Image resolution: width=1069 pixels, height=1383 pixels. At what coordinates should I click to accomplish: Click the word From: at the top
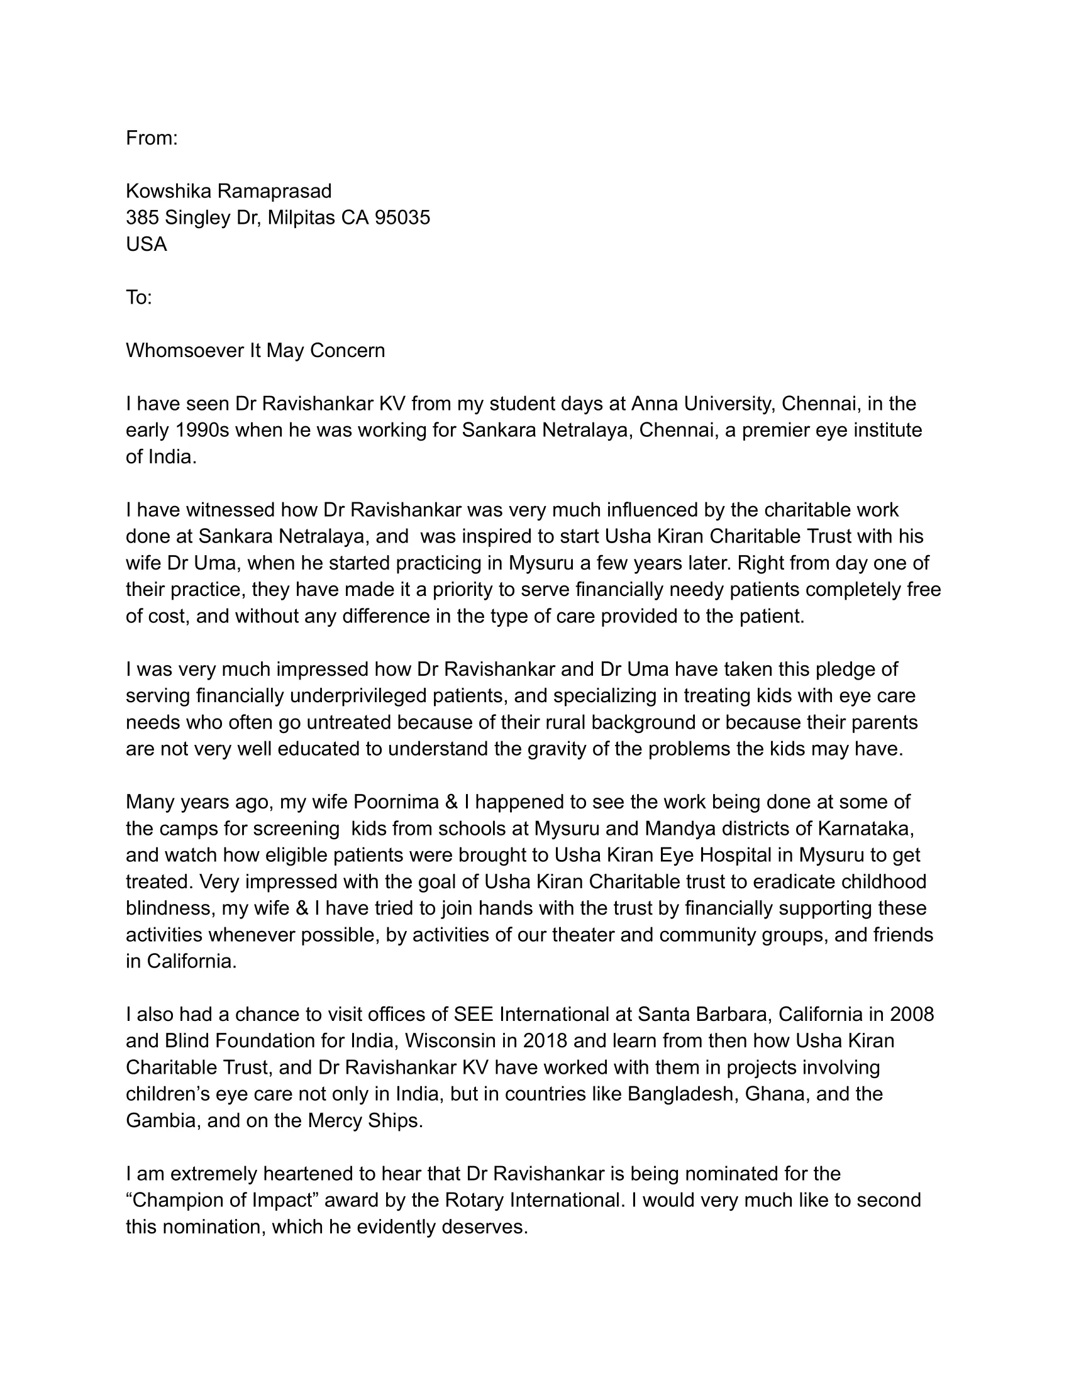click(152, 138)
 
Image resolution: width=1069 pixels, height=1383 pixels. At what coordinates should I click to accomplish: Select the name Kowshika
click(169, 190)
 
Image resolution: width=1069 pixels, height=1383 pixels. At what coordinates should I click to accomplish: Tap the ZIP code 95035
click(402, 218)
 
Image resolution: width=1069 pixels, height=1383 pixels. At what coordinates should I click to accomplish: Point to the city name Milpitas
click(301, 218)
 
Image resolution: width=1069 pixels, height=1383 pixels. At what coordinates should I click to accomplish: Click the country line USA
click(147, 244)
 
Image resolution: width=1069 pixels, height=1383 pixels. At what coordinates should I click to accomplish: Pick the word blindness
click(168, 909)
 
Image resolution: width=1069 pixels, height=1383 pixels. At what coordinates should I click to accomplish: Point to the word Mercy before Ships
click(336, 1121)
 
